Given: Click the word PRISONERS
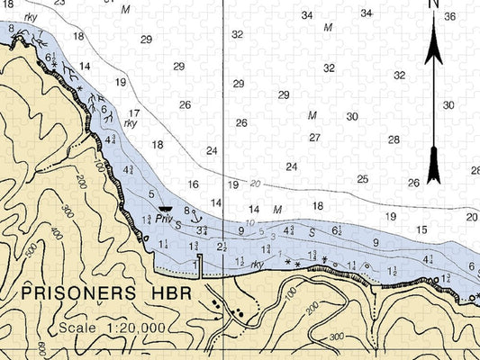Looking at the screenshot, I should (x=74, y=293).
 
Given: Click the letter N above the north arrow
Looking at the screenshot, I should (x=433, y=4).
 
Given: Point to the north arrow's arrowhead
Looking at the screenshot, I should (x=433, y=40).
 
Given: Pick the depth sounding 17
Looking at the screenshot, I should (x=133, y=113).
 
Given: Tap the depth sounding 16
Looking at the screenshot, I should (x=193, y=184).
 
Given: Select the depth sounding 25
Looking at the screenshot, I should (x=362, y=179).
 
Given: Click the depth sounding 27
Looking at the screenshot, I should (x=314, y=138).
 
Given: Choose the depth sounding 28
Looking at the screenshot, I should (x=394, y=139).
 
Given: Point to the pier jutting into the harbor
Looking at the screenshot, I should (x=199, y=261).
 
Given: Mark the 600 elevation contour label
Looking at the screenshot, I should (x=41, y=348).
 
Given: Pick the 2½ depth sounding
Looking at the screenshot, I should (x=222, y=247).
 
